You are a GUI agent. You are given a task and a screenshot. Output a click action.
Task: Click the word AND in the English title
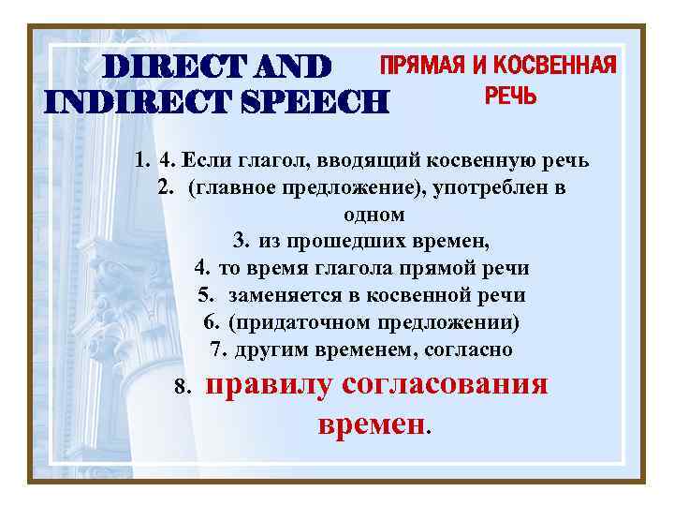(x=291, y=67)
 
